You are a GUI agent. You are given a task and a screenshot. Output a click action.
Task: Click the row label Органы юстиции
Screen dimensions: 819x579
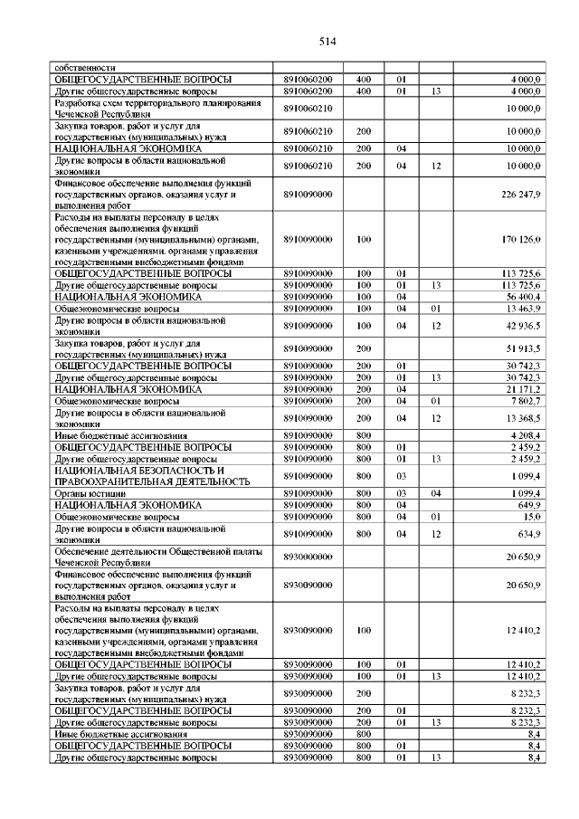coord(88,492)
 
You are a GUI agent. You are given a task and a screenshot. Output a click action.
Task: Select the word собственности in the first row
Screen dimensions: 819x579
coord(85,68)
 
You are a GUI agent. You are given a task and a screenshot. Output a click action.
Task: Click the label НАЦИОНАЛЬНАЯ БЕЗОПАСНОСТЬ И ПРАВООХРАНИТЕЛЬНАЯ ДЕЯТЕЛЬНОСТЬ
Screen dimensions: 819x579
coord(150,475)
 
